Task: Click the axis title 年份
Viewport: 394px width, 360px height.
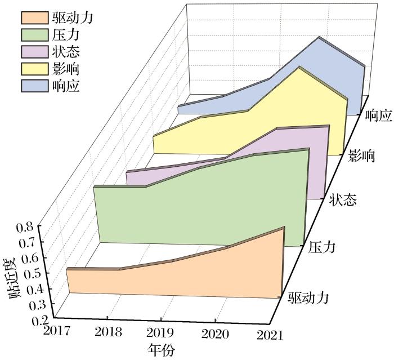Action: pos(162,349)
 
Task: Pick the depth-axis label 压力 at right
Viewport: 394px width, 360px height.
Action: pos(323,247)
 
